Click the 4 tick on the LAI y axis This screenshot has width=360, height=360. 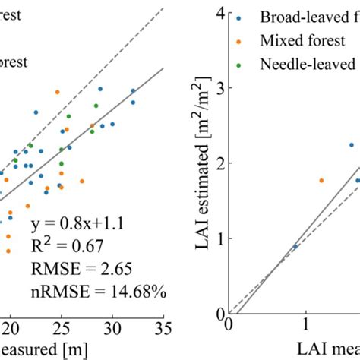219,13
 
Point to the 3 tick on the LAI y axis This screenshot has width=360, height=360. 219,88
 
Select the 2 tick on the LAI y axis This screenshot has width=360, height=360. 219,163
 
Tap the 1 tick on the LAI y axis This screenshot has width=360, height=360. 219,238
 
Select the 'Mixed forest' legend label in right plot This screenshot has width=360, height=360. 308,39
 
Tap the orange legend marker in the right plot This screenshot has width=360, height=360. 241,39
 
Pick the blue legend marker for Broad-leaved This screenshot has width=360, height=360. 241,15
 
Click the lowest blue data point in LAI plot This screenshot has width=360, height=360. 295,247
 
